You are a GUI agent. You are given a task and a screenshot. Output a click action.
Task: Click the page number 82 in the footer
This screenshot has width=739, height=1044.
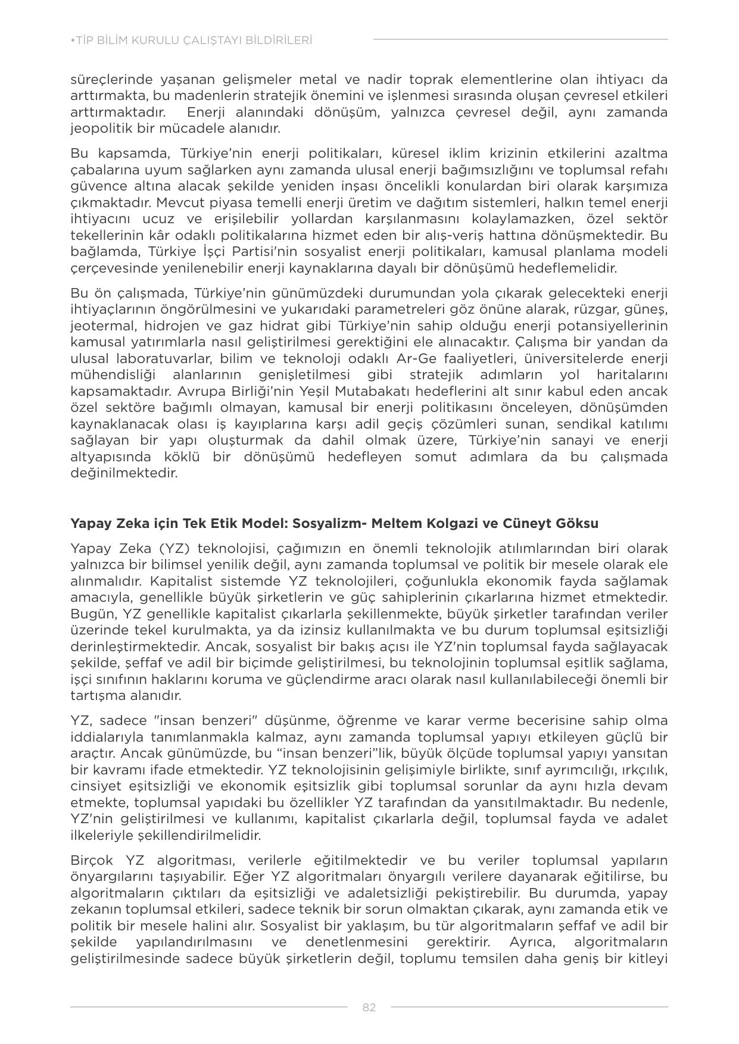369,1007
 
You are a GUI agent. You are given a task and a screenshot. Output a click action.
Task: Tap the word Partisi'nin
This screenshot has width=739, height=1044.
283,251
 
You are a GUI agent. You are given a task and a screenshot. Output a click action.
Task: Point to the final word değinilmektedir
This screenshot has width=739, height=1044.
124,474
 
